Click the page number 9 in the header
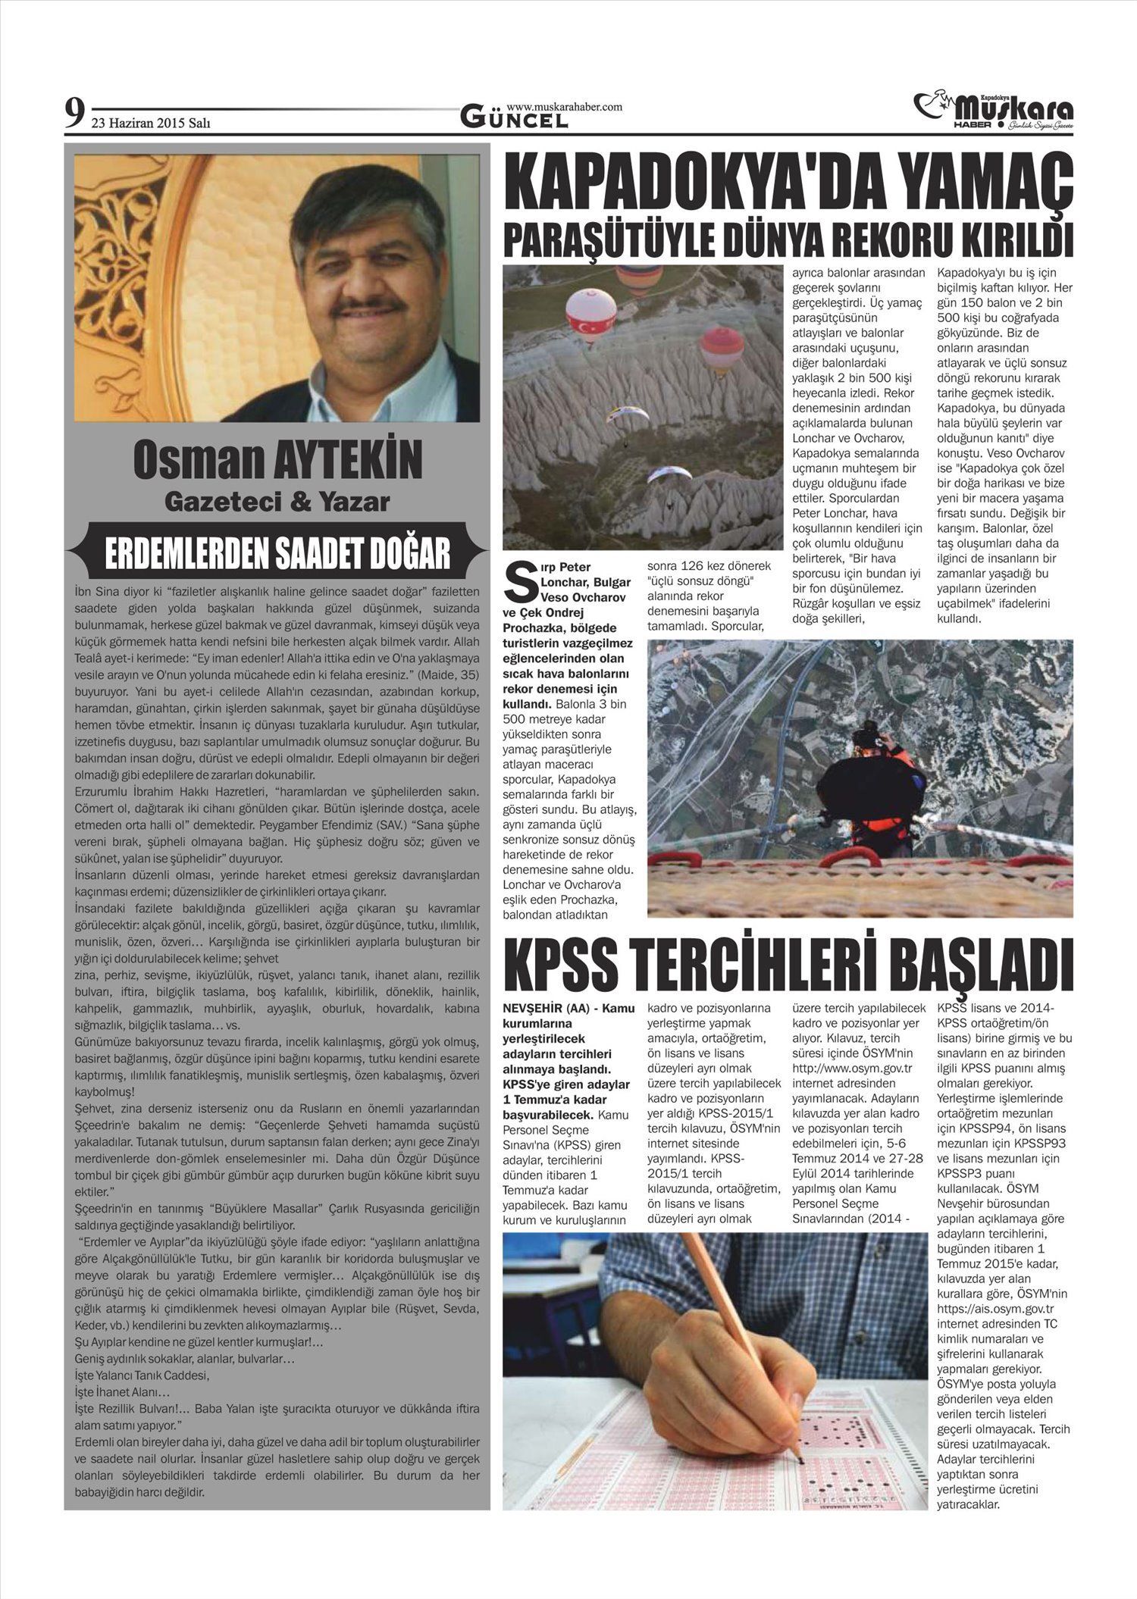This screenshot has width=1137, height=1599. point(74,114)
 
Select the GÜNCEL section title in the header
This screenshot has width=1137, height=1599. point(515,118)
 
